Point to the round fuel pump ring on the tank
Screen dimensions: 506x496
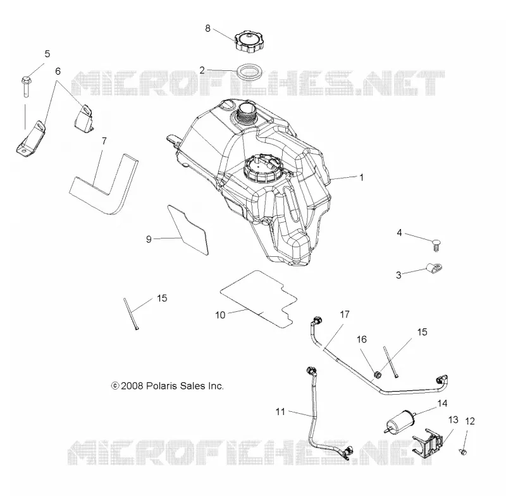click(x=263, y=168)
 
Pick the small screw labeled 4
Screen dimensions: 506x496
click(x=436, y=245)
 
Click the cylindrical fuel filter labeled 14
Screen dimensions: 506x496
click(x=400, y=421)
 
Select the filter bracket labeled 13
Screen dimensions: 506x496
click(x=428, y=443)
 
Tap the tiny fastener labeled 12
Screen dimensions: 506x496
click(x=463, y=452)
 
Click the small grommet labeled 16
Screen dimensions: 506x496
click(x=377, y=375)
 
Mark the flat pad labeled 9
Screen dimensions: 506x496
click(x=188, y=229)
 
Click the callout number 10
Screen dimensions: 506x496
click(x=220, y=315)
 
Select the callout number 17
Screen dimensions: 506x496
click(x=345, y=314)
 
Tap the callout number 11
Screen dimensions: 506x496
click(x=280, y=412)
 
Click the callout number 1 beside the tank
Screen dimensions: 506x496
click(x=362, y=177)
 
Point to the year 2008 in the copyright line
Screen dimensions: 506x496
click(x=132, y=386)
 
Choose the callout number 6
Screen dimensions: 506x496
click(x=58, y=71)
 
